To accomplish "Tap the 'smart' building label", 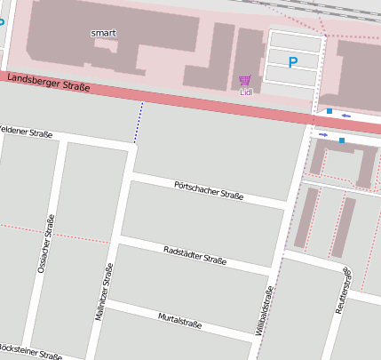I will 103,33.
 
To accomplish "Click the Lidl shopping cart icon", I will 244,80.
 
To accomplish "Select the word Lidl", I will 245,92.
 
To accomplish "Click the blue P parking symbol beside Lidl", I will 293,62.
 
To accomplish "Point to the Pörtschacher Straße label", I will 209,188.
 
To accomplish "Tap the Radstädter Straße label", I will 195,255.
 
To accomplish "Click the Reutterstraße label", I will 342,291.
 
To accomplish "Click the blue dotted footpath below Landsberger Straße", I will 139,122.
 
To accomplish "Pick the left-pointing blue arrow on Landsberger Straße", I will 345,116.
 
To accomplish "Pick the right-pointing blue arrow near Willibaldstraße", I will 323,135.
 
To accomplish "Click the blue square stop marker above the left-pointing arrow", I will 329,111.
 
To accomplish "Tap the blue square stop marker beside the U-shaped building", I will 342,140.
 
